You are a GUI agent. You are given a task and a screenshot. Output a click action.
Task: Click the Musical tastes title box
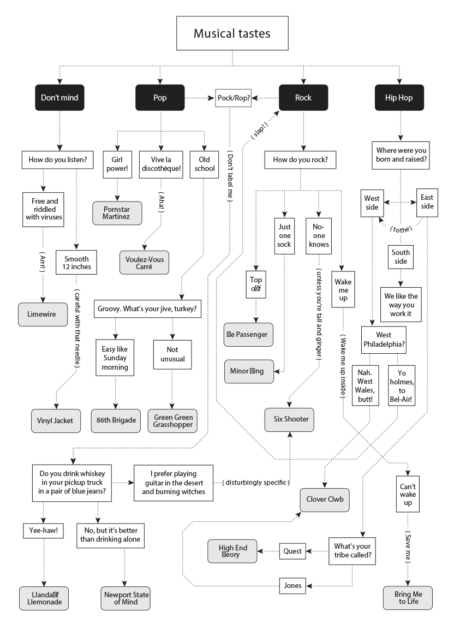click(232, 33)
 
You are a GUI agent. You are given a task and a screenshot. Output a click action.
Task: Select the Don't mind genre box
click(59, 98)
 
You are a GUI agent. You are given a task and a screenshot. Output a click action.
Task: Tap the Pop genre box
click(160, 98)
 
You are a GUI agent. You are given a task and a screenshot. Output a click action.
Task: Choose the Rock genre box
click(303, 98)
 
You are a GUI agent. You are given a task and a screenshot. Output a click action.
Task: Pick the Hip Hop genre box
click(399, 98)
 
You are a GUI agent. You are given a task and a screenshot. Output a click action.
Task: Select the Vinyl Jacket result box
click(55, 420)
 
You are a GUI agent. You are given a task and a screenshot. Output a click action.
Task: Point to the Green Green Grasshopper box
click(173, 420)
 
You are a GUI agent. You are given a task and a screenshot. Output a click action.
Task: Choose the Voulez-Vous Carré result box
click(144, 263)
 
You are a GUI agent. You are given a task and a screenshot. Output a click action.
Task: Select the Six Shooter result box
click(290, 419)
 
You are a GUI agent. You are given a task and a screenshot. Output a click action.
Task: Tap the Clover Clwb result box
click(325, 499)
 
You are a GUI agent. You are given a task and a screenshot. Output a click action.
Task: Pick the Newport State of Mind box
click(126, 598)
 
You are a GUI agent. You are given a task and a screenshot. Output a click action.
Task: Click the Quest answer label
click(292, 551)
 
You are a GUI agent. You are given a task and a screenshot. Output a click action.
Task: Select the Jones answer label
click(292, 585)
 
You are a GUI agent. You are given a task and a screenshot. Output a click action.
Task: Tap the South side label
click(401, 257)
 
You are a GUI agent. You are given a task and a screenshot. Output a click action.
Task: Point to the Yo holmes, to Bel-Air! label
click(401, 386)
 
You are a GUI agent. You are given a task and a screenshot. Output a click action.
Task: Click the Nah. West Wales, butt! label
click(365, 386)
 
